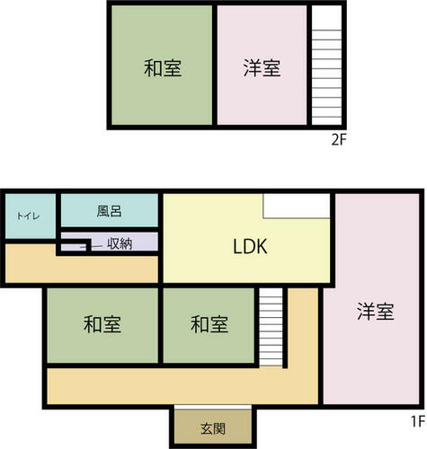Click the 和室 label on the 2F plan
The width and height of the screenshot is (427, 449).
163,68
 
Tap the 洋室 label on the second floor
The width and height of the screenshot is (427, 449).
262,68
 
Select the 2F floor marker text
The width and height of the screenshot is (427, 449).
339,140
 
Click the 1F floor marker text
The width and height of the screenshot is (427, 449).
418,422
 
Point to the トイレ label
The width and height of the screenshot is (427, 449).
28,216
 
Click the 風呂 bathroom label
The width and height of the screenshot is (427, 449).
109,211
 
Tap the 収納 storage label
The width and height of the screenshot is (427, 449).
120,244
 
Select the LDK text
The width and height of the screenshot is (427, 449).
250,247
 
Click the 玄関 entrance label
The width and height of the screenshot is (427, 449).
213,429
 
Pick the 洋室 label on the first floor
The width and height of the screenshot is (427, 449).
376,312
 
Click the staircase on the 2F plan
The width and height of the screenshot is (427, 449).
326,77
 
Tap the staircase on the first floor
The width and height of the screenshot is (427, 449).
271,327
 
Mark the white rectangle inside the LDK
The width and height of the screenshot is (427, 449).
297,206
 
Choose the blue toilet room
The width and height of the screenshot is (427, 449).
31,216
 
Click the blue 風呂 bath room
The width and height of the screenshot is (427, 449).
110,210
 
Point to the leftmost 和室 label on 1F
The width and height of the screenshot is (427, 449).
102,324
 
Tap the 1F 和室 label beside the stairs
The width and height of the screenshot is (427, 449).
209,324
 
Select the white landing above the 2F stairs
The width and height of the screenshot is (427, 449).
326,18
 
